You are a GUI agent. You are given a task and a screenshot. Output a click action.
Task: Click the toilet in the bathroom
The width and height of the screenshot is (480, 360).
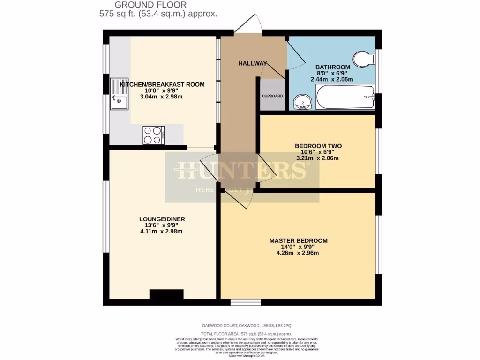364,59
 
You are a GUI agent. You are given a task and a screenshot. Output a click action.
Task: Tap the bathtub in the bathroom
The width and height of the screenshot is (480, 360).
345,97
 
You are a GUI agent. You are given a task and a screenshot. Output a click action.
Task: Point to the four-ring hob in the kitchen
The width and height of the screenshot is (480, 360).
153,135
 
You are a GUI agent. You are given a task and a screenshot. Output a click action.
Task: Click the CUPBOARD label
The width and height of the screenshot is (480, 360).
272,96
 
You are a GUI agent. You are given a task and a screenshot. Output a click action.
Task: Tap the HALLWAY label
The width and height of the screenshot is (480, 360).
252,63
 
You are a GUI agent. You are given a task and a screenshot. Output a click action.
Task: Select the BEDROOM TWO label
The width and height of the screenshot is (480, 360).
318,146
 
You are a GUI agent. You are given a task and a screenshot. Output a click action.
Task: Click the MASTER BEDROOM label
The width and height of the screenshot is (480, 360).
298,240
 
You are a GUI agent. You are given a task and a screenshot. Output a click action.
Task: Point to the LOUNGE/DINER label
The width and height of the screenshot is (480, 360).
162,219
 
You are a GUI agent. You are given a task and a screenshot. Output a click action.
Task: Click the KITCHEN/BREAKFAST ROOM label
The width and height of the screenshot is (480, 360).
162,84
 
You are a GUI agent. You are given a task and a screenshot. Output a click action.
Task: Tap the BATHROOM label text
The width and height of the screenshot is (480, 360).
332,67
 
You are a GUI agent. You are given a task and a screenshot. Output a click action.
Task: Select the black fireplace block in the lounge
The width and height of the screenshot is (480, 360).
166,294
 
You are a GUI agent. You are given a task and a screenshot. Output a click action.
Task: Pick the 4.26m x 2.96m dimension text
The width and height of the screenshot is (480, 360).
298,253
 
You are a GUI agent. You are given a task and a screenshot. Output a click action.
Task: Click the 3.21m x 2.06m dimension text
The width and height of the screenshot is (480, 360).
318,158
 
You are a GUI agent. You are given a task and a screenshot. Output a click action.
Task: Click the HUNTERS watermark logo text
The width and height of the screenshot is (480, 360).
242,172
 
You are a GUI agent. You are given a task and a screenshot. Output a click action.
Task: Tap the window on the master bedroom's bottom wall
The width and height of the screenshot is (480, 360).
245,302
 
